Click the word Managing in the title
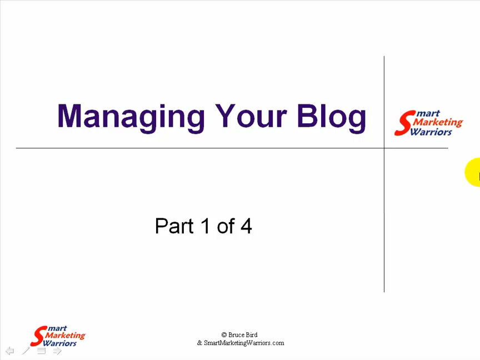click(131, 118)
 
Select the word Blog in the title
click(332, 118)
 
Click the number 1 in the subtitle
click(205, 226)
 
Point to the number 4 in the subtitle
click(246, 226)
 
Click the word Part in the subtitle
click(174, 226)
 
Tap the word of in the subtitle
click(226, 226)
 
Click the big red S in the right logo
click(404, 123)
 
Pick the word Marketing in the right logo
click(438, 122)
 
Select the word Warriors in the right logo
click(431, 132)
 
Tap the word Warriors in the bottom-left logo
click(59, 343)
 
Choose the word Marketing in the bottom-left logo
click(65, 335)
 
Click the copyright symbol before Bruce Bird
click(224, 335)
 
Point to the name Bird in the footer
click(251, 334)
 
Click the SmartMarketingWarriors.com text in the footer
click(244, 343)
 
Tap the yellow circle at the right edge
click(473, 172)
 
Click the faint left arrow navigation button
click(10, 351)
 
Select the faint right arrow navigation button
click(57, 351)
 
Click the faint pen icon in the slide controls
click(26, 351)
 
